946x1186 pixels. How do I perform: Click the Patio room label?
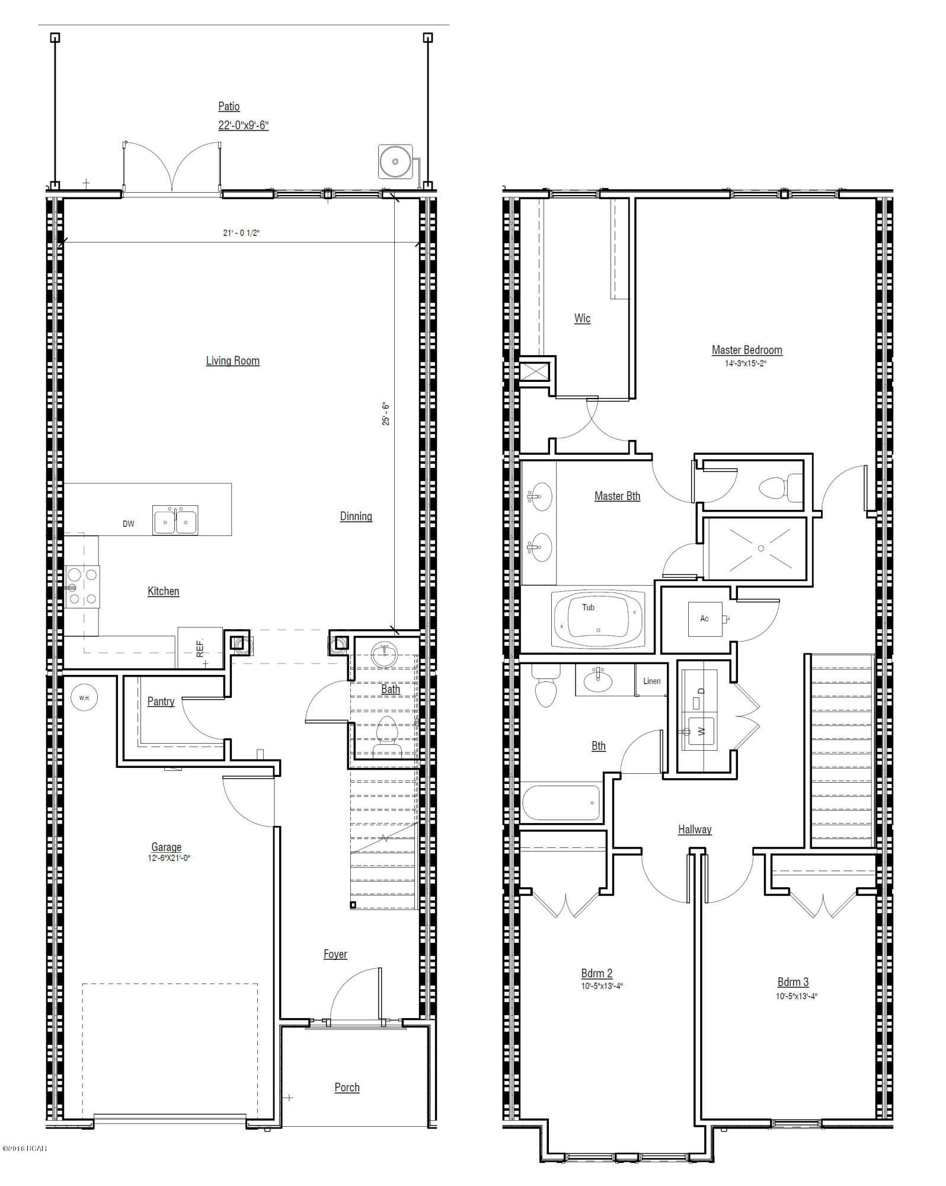pyautogui.click(x=229, y=107)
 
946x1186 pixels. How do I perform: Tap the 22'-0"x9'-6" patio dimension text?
pyautogui.click(x=243, y=125)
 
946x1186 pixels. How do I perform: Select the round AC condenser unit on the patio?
pyautogui.click(x=395, y=161)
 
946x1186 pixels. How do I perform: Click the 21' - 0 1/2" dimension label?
pyautogui.click(x=241, y=233)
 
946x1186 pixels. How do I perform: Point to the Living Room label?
pyautogui.click(x=232, y=361)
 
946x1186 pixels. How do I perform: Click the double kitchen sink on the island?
pyautogui.click(x=175, y=521)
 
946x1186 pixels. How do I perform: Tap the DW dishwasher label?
pyautogui.click(x=129, y=524)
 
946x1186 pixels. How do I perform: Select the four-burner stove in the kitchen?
pyautogui.click(x=82, y=586)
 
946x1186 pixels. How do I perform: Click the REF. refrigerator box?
pyautogui.click(x=200, y=647)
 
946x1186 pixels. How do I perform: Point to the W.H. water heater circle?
pyautogui.click(x=84, y=698)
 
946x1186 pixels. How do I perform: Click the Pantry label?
pyautogui.click(x=161, y=702)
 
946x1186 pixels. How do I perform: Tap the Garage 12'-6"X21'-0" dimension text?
pyautogui.click(x=169, y=858)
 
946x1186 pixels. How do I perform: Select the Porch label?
pyautogui.click(x=347, y=1088)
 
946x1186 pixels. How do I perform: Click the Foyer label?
pyautogui.click(x=335, y=954)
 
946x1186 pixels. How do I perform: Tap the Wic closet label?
pyautogui.click(x=582, y=318)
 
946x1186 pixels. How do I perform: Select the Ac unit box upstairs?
pyautogui.click(x=705, y=619)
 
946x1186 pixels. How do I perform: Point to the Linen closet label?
pyautogui.click(x=651, y=681)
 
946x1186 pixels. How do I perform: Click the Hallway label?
pyautogui.click(x=695, y=830)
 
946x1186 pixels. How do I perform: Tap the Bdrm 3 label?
pyautogui.click(x=793, y=982)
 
